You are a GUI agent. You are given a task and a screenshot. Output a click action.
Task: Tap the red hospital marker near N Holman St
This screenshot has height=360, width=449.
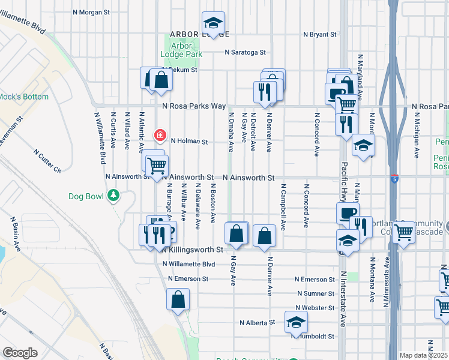(160, 135)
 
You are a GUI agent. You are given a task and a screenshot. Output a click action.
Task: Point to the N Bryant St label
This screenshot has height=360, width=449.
(320, 35)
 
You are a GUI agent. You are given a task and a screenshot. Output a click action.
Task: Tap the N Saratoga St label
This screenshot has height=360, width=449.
(246, 52)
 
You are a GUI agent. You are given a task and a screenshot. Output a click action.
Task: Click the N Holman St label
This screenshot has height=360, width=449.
(189, 142)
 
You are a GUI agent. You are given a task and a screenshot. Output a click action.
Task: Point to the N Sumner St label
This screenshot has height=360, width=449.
(316, 293)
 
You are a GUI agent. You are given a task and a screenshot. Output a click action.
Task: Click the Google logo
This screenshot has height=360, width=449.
(20, 352)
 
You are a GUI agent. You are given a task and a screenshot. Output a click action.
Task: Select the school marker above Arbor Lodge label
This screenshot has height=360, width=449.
(212, 23)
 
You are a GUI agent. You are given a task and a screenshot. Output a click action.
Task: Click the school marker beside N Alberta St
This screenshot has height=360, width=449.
(295, 323)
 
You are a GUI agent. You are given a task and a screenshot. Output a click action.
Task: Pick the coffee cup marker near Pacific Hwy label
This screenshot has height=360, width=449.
(348, 213)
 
